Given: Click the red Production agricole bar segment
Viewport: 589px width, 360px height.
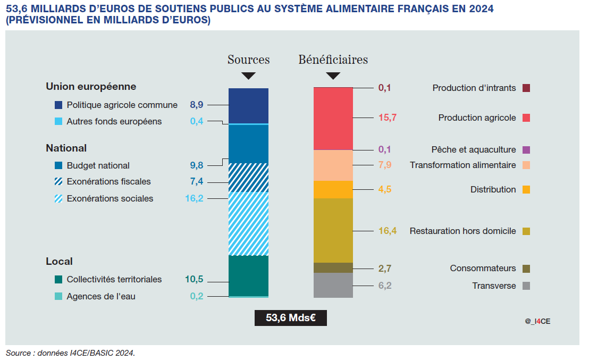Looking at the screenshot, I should pos(333,119).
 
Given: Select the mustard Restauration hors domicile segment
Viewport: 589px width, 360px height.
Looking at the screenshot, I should pos(333,230).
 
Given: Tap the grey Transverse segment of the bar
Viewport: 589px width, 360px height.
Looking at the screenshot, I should pos(333,285).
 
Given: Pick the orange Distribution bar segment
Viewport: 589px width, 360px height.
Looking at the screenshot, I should pos(333,189).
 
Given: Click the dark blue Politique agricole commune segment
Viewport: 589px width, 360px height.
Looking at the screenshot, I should pos(248,105).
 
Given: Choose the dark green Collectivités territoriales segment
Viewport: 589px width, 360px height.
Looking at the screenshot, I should pos(248,275).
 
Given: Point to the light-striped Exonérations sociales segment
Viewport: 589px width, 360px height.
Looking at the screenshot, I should pos(248,223).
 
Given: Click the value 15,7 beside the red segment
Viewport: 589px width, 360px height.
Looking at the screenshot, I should pos(388,118).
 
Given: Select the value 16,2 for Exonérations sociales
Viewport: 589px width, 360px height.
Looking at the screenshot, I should pos(194,198).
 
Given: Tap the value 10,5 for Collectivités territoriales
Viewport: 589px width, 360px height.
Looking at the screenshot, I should pos(194,279).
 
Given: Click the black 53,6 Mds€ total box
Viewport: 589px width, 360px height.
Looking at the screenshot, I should pos(291,318).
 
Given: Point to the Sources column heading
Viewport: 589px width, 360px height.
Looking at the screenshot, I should pos(248,60).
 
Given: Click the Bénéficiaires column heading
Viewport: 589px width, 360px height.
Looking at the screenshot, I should pos(333,60).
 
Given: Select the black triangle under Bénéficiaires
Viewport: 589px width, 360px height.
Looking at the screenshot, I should pos(333,76).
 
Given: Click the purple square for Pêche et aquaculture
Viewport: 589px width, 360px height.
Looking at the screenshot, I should pos(526,150).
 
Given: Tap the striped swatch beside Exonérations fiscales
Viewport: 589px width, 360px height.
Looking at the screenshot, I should pos(58,182).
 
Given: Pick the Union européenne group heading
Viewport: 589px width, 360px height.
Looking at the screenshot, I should pos(91,86).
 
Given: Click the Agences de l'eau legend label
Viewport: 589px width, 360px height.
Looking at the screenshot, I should pos(101,296).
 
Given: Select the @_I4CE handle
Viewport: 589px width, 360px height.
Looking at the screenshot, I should pos(537,321).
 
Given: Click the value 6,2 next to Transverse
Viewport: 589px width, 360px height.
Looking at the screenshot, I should pos(385,286).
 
